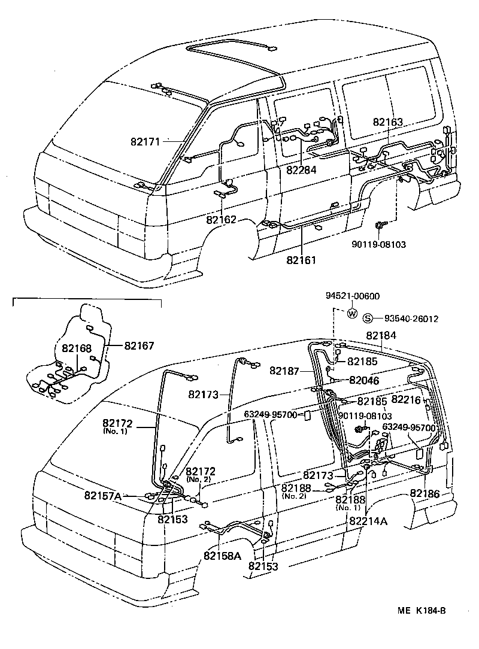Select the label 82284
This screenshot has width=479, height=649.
pos(301,169)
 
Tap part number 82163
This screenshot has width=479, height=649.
pos(387,122)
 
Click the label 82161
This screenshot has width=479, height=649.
pos(301,261)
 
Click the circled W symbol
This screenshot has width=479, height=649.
pos(352,313)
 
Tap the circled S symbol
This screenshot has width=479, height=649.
pos(369,319)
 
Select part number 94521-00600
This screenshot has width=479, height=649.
pos(353,296)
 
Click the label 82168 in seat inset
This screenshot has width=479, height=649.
pos(77,348)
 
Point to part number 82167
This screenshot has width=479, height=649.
pos(140,345)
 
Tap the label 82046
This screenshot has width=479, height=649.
pos(365,380)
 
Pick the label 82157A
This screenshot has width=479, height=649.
pos(103,495)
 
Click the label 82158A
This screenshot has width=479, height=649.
pos(222,556)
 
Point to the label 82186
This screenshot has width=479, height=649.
pos(425,493)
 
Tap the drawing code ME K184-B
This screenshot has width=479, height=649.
pos(422,611)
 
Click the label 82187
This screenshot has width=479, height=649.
pos(284,371)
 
